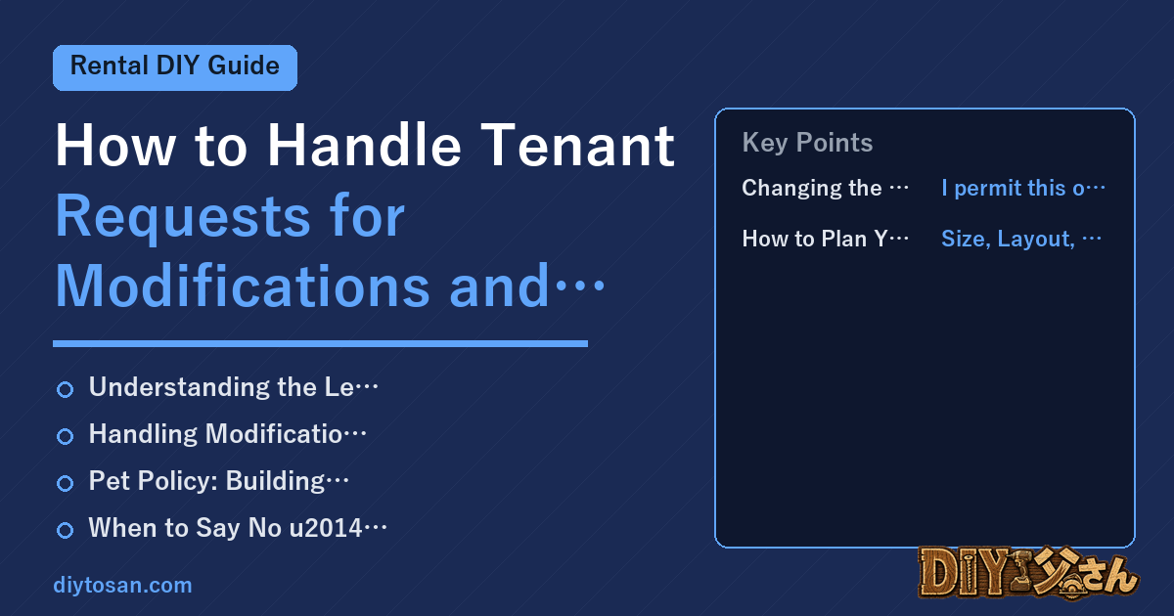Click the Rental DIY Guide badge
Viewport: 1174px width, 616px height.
pos(175,67)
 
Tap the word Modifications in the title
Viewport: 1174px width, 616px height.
pos(243,286)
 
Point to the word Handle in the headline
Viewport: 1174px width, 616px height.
pos(364,145)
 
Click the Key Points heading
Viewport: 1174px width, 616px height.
pos(807,143)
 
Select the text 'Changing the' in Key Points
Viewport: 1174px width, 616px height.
pos(812,188)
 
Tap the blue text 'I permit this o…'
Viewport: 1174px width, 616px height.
pos(1023,188)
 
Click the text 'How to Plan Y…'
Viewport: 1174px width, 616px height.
pos(826,239)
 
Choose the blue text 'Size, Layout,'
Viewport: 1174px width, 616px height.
pos(1008,239)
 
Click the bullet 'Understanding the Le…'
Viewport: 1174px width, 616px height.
pos(233,387)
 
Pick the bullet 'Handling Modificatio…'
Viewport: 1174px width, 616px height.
pos(227,434)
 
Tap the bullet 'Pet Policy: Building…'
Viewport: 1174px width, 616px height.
pos(218,481)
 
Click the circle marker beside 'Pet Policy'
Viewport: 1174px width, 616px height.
pos(65,483)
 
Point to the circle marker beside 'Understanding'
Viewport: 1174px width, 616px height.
pos(65,390)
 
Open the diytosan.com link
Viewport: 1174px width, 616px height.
pos(122,585)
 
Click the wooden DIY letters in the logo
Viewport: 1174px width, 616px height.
pos(964,573)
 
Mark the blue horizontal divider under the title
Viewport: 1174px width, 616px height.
pos(320,343)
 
